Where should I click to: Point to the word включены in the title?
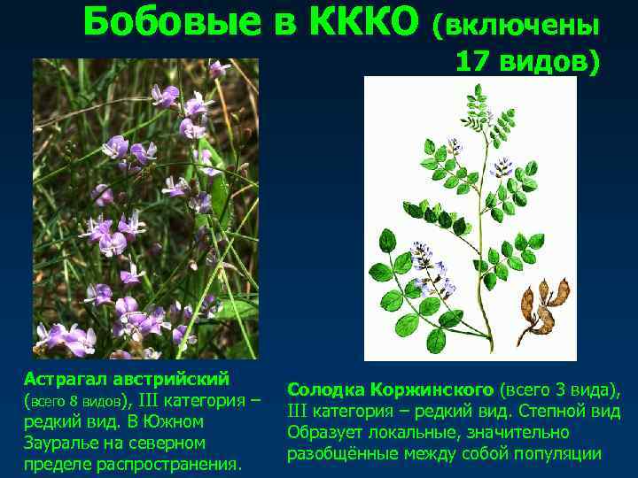515,27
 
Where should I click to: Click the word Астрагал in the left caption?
63,378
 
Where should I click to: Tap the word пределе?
51,463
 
